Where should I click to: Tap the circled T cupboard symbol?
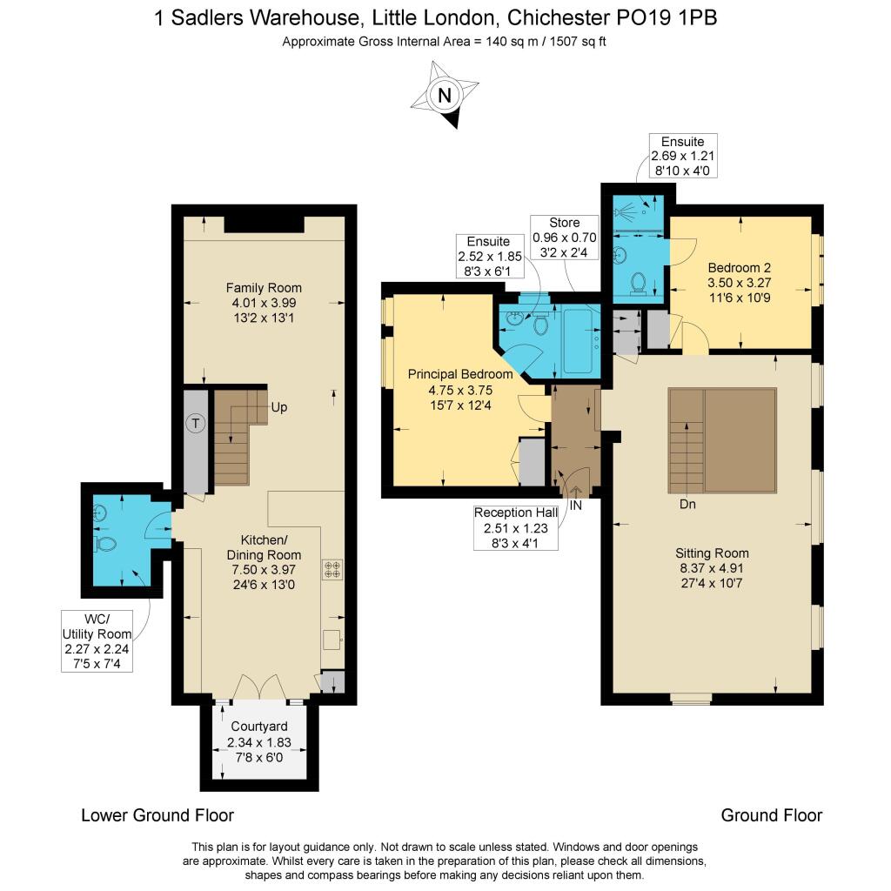point(196,424)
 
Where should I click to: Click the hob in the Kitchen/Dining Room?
point(332,569)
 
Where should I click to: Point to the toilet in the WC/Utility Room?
point(105,545)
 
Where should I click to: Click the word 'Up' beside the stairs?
point(278,407)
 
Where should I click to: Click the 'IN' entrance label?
point(575,504)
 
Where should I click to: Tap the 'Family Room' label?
point(264,288)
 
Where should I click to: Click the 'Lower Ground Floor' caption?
point(157,815)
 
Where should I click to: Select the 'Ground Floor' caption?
point(771,815)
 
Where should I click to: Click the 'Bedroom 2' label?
point(739,267)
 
